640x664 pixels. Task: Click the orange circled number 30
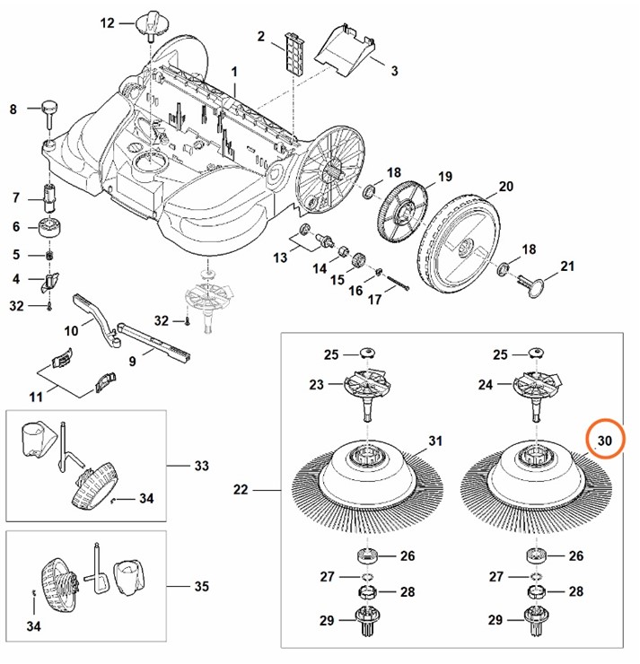point(604,440)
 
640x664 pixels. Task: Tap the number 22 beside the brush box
point(241,490)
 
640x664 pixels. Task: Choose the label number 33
point(201,466)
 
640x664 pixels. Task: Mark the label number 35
point(201,587)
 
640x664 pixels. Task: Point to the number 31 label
point(435,441)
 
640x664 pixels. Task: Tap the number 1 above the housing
point(234,71)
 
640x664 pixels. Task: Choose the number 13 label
point(281,257)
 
